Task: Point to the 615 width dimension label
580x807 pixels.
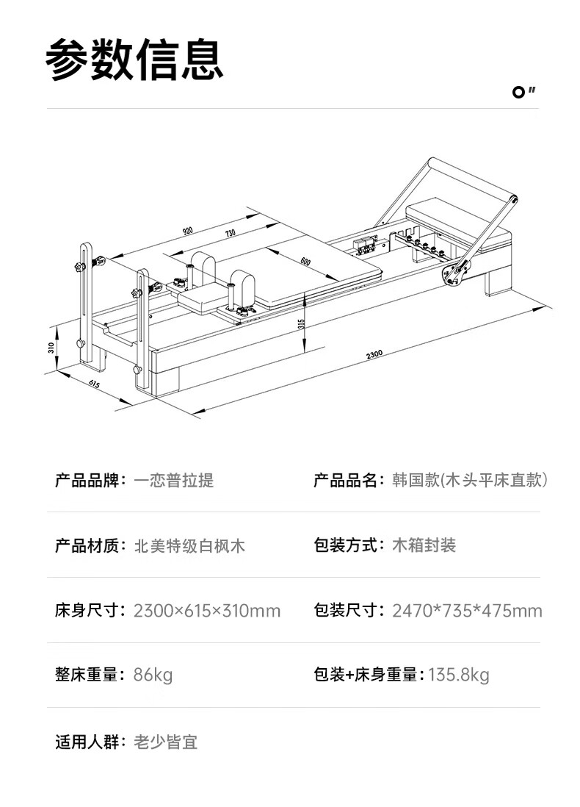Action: (94, 384)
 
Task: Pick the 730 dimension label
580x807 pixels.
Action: (230, 234)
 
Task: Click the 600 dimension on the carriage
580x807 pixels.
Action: (305, 261)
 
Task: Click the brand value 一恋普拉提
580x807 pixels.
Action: (174, 481)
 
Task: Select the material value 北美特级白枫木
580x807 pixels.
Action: (189, 545)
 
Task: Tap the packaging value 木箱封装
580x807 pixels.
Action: (424, 545)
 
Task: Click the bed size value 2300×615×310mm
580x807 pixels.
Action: (207, 611)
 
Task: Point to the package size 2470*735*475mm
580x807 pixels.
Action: (467, 611)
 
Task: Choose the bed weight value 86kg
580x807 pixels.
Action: (153, 675)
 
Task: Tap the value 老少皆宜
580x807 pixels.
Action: (165, 742)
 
